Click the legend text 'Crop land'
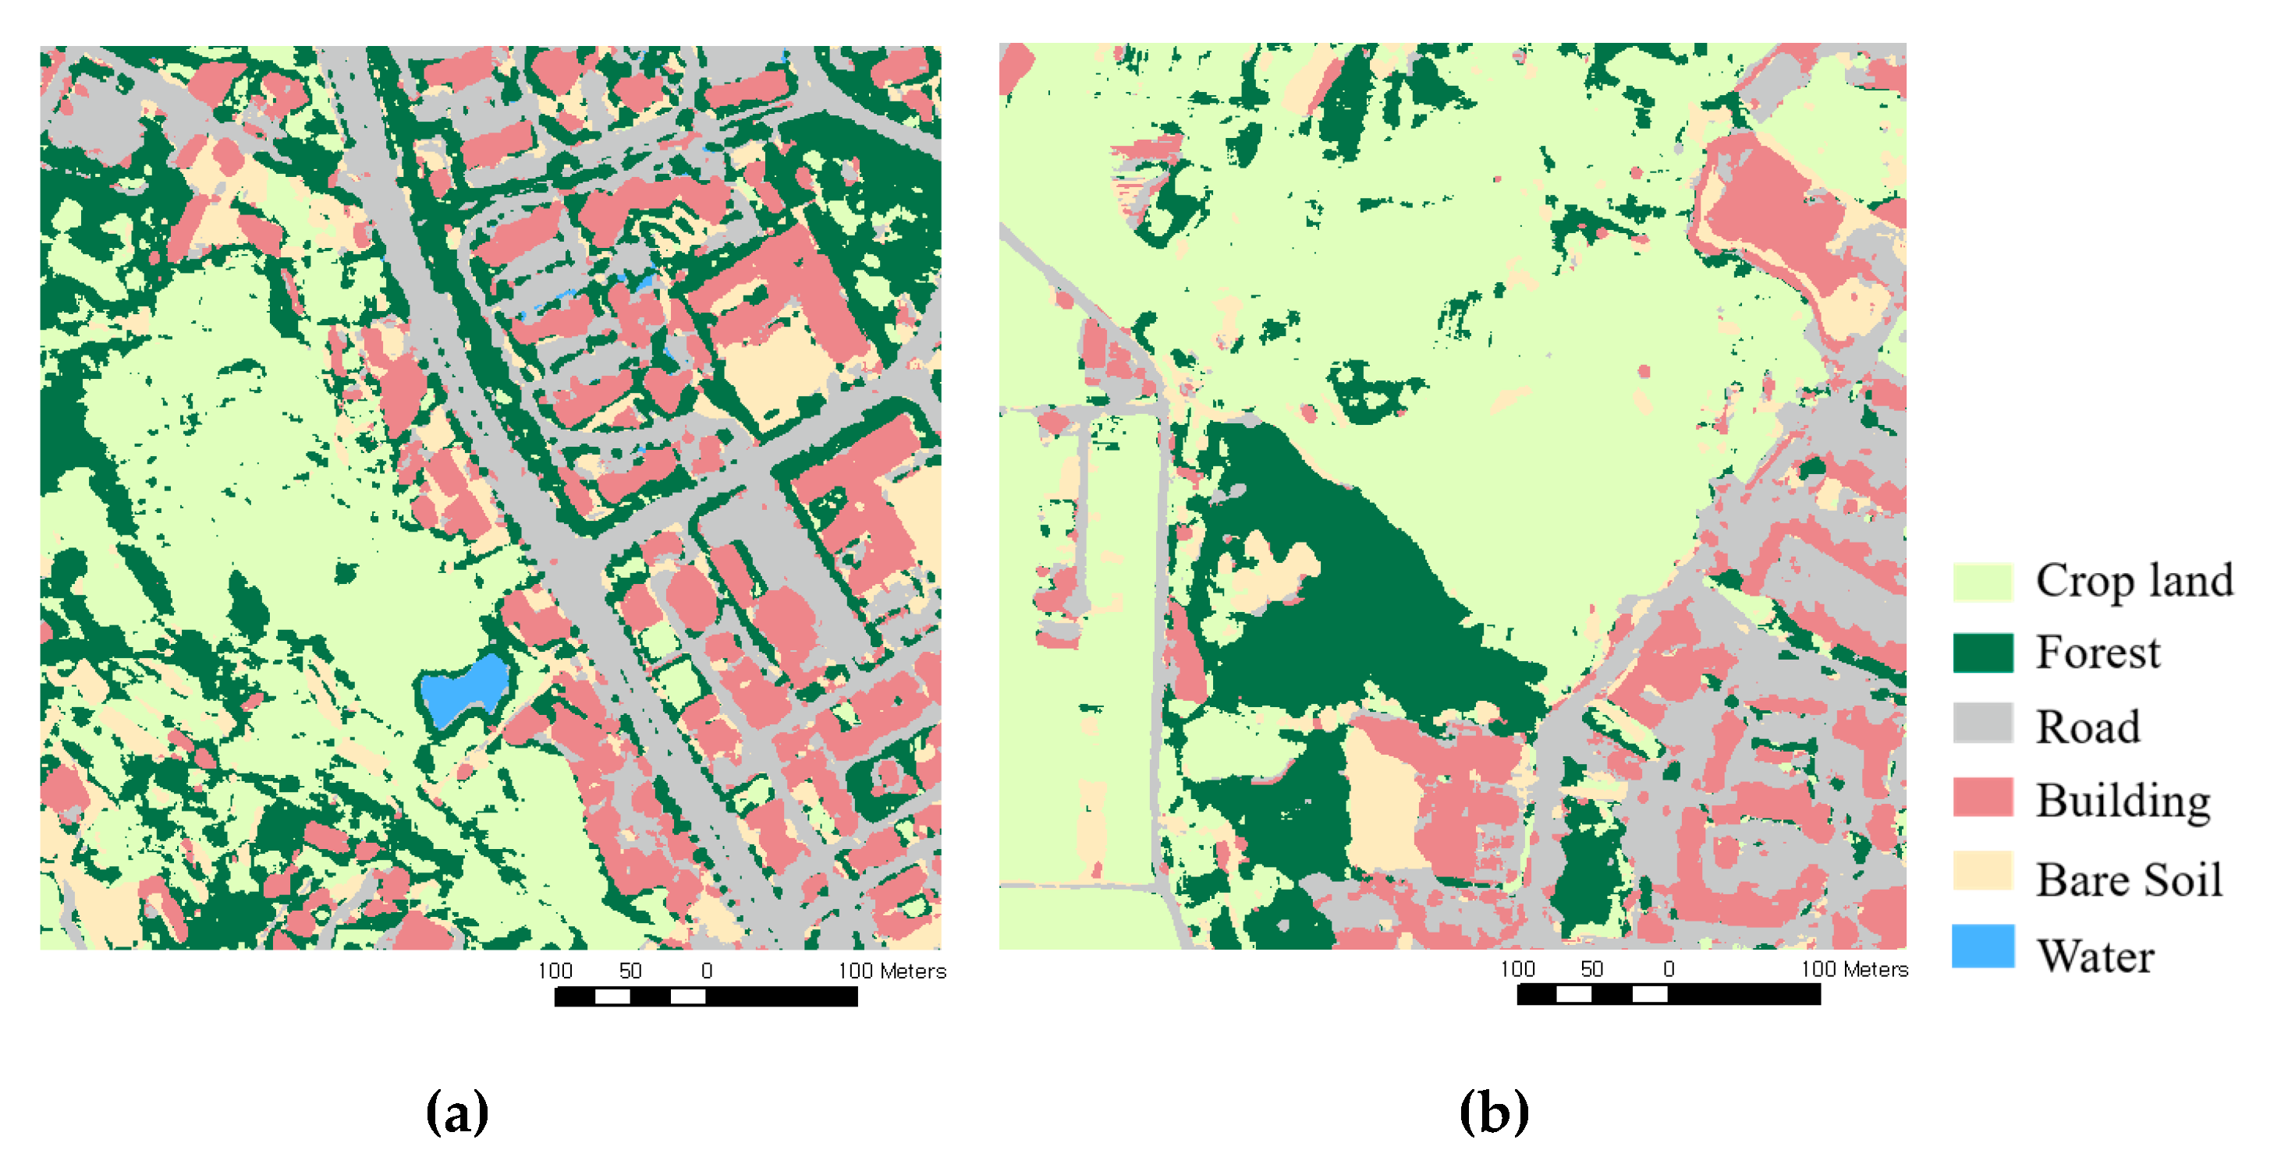click(x=2134, y=582)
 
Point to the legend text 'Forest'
click(x=2098, y=653)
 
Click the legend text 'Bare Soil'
click(x=2128, y=880)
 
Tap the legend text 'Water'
click(x=2095, y=956)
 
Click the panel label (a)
click(x=456, y=1112)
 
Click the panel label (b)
click(x=1494, y=1112)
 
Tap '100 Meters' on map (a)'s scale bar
click(x=892, y=971)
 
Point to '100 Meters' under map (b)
click(x=1854, y=970)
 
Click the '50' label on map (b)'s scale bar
click(x=1591, y=970)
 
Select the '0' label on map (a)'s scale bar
click(x=707, y=971)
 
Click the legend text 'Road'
click(x=2088, y=728)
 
